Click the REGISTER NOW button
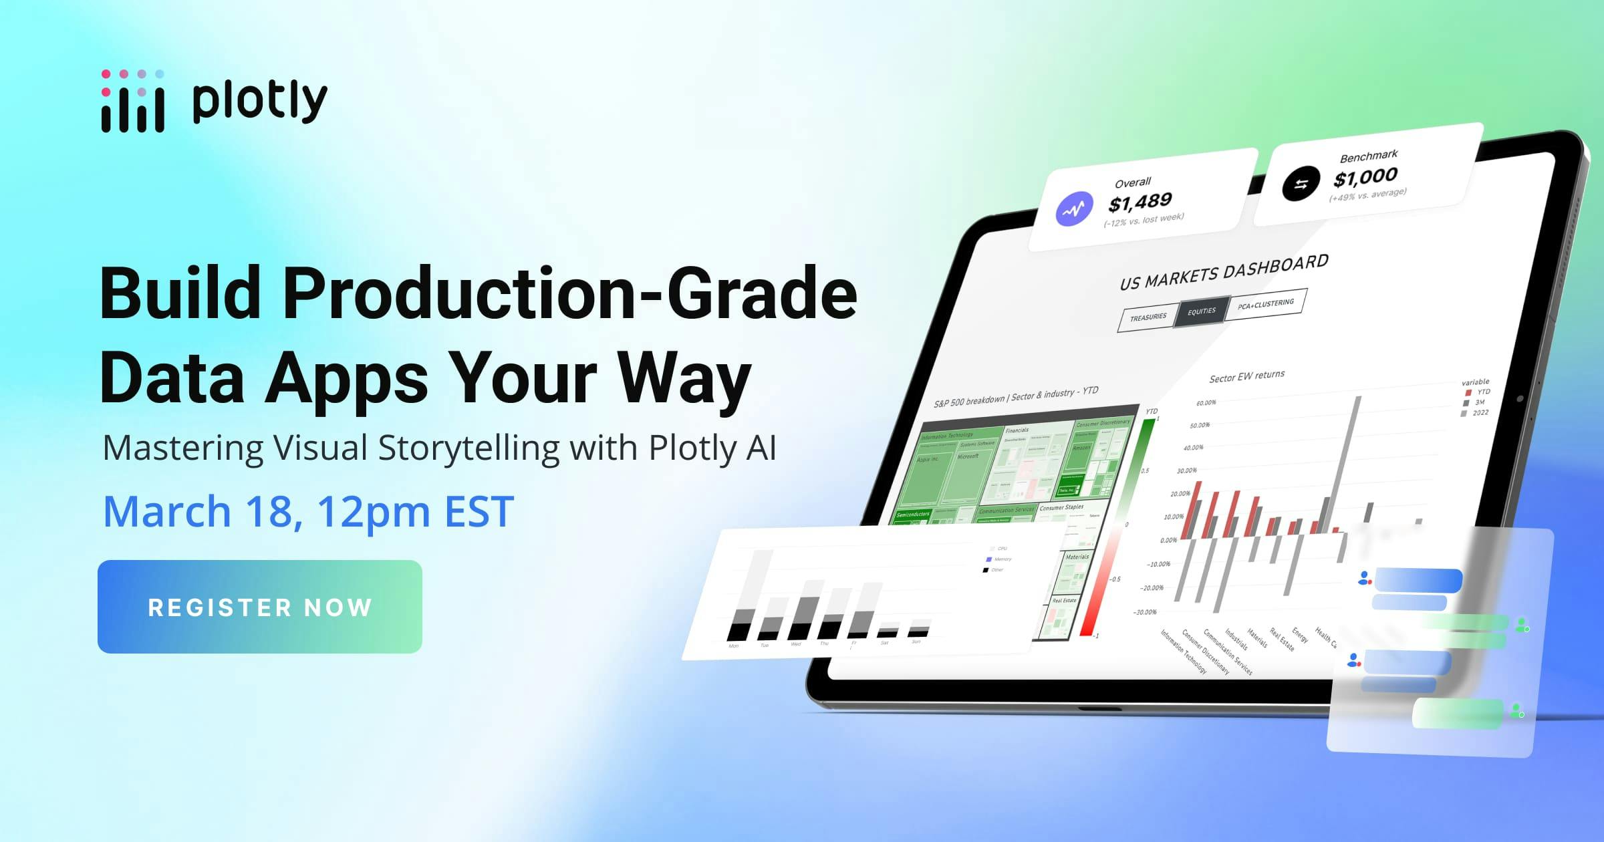point(259,607)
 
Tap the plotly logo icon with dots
point(132,102)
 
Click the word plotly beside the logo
point(259,102)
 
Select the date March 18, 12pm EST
point(308,511)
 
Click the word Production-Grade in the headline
point(569,293)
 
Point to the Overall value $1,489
point(1140,201)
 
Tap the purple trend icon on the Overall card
point(1074,209)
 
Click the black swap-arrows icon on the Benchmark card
point(1301,184)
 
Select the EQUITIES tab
point(1201,311)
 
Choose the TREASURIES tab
point(1148,317)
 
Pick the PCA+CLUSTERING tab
point(1265,304)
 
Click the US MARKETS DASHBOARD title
point(1224,272)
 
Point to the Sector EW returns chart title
point(1246,377)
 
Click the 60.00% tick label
point(1206,403)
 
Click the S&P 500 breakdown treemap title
point(1015,396)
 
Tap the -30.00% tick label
point(1144,612)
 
